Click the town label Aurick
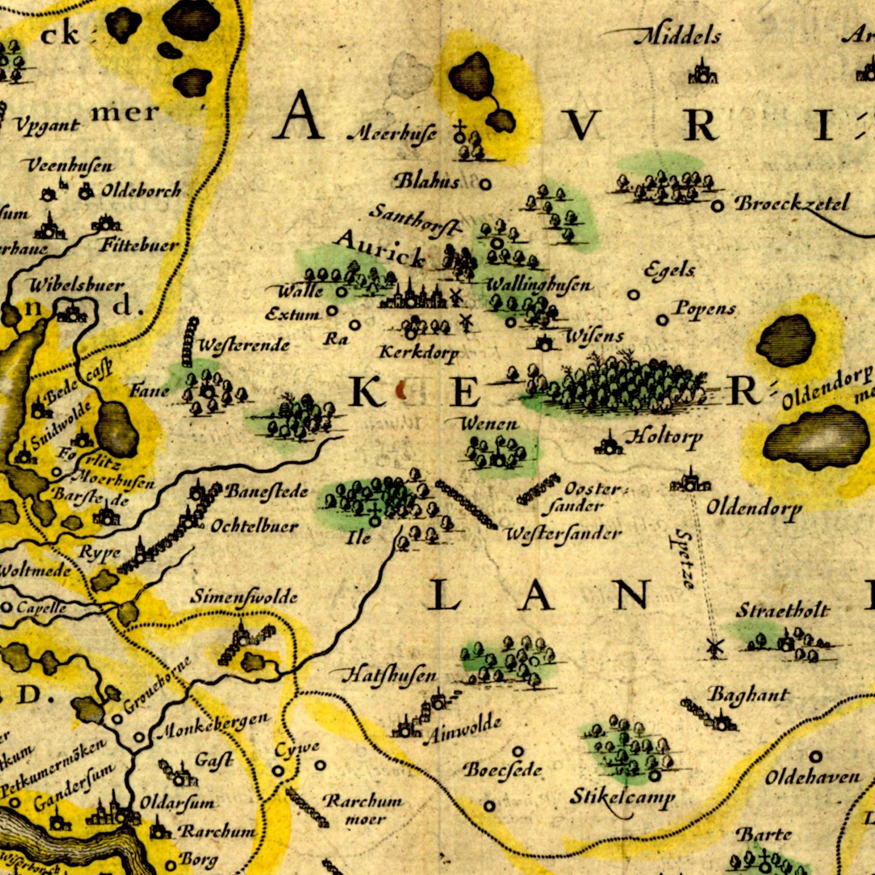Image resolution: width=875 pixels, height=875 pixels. tap(380, 248)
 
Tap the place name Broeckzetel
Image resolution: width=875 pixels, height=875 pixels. tap(792, 203)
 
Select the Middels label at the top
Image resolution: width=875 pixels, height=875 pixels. tap(678, 37)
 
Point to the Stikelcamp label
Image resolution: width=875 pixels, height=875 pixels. tap(622, 797)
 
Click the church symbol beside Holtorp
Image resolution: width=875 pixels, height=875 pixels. tap(609, 446)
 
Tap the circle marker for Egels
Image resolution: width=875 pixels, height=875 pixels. tap(633, 295)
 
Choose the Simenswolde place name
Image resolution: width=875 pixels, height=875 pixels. tap(244, 597)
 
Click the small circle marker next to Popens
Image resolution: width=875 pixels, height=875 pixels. tap(662, 320)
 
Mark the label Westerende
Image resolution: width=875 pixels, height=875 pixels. tap(244, 346)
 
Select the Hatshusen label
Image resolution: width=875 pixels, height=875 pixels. tap(389, 675)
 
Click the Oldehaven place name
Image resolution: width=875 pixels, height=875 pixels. tap(812, 777)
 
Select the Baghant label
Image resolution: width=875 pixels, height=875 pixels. tap(748, 695)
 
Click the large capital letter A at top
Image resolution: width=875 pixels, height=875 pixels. tap(299, 116)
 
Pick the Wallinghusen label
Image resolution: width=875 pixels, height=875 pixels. tap(538, 285)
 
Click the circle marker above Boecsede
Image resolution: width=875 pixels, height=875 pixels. tap(518, 751)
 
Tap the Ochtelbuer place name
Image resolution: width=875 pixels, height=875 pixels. tap(254, 526)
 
